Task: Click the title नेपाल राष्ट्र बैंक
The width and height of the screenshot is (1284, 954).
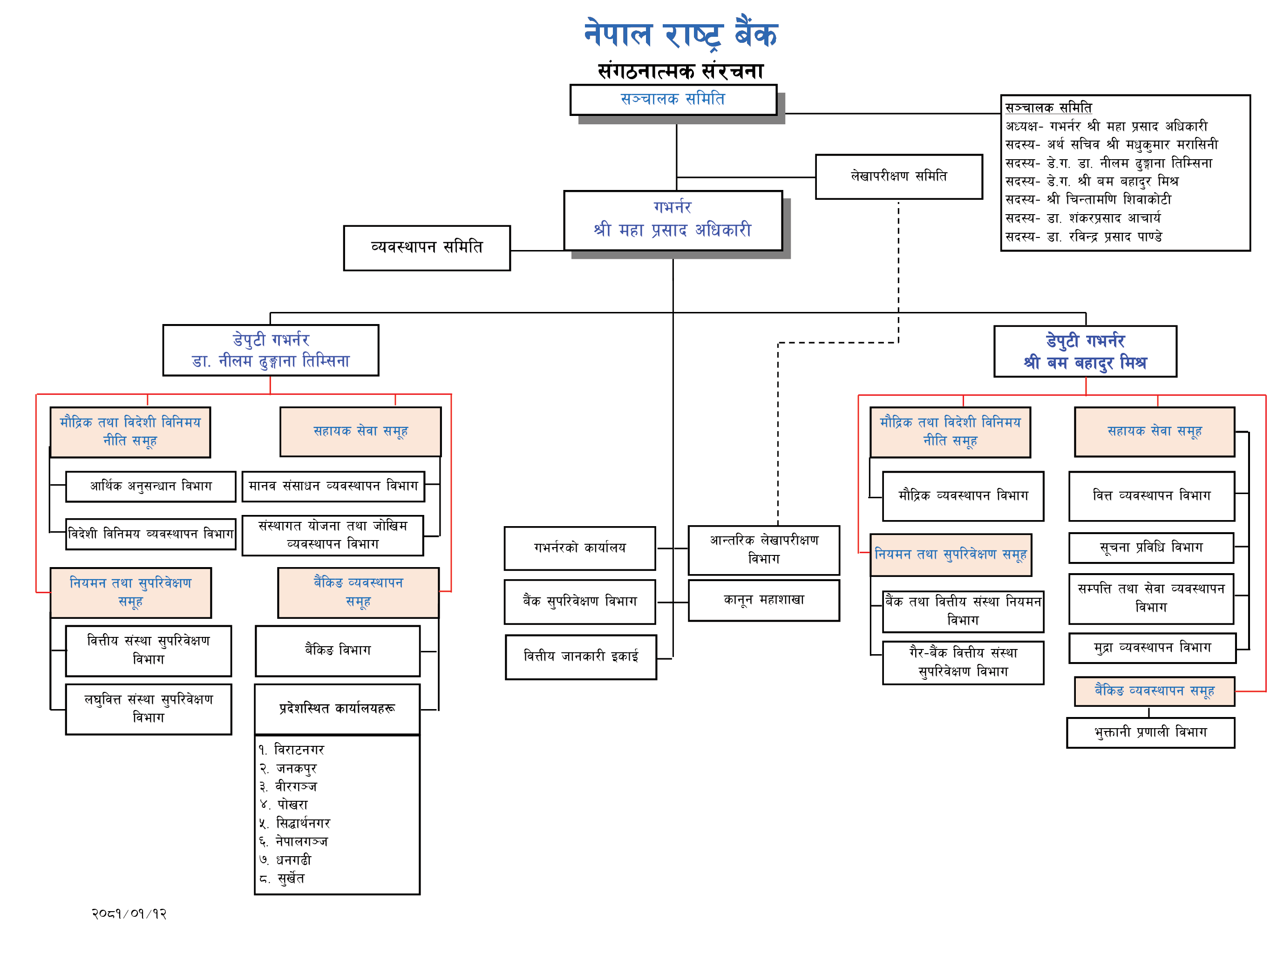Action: (x=680, y=34)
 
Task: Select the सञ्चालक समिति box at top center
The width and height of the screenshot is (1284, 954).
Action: (x=673, y=99)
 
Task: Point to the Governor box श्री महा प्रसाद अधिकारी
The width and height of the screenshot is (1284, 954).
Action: (x=673, y=221)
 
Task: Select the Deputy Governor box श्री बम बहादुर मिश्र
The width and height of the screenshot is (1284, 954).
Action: (x=1085, y=351)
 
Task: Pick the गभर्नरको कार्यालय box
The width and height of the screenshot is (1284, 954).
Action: (x=579, y=548)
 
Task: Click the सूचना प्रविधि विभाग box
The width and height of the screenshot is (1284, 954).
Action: (x=1151, y=548)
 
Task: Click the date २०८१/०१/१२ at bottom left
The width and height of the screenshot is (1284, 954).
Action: (x=129, y=913)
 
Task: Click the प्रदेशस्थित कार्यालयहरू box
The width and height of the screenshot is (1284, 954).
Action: (x=337, y=709)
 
